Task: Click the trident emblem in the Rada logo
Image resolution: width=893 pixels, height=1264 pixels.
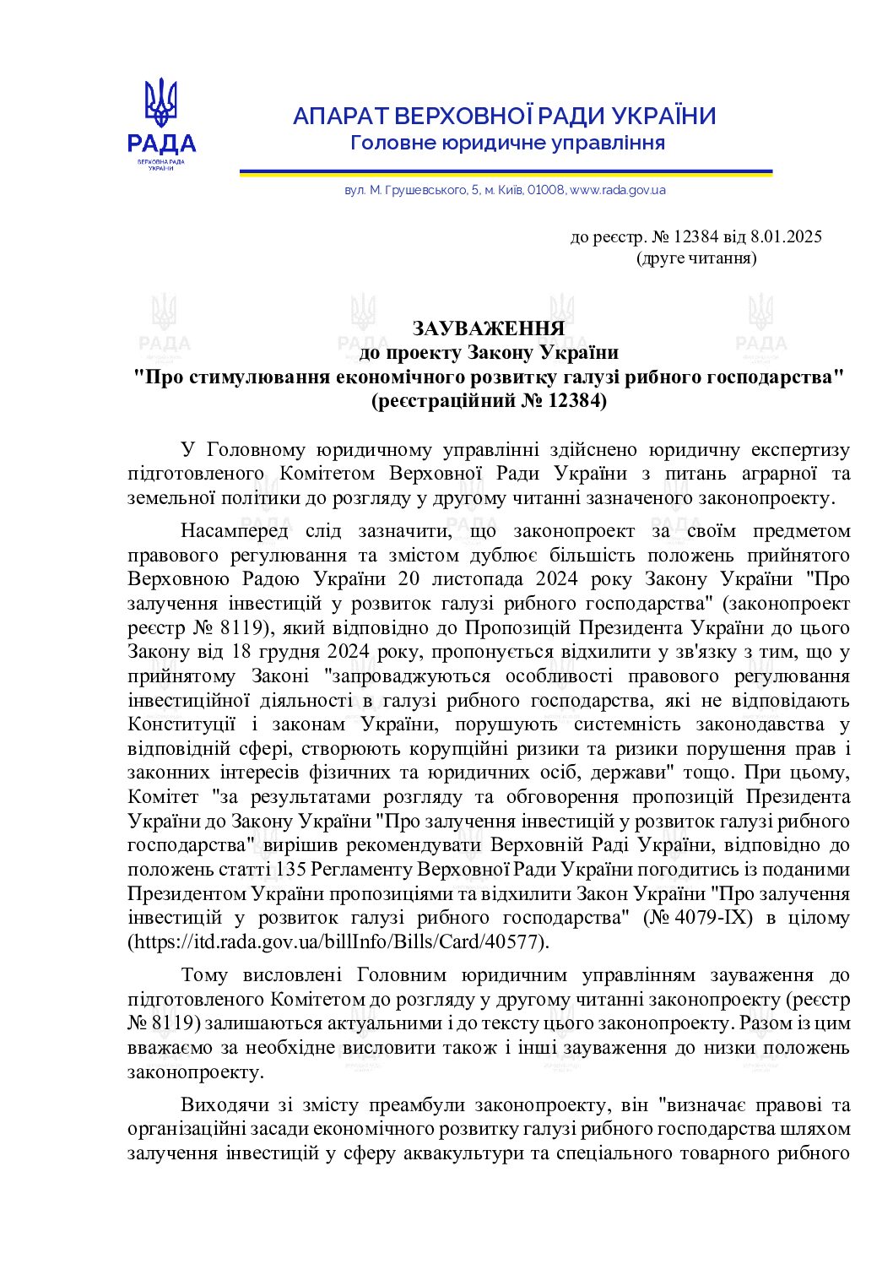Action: point(160,102)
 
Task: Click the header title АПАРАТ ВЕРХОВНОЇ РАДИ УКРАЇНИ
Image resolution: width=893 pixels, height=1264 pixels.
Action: point(504,117)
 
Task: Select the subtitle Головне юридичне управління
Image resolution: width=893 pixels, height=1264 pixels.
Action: point(507,143)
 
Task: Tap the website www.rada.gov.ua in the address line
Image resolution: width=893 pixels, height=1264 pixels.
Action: point(617,190)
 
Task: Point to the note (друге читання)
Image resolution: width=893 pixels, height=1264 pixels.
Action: point(695,258)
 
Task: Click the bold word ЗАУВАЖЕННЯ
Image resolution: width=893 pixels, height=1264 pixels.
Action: point(488,328)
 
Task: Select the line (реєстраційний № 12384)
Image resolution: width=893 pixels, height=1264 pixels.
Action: point(488,401)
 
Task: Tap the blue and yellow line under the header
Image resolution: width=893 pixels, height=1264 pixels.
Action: point(506,172)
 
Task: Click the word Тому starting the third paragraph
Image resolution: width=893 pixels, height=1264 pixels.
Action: point(204,975)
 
